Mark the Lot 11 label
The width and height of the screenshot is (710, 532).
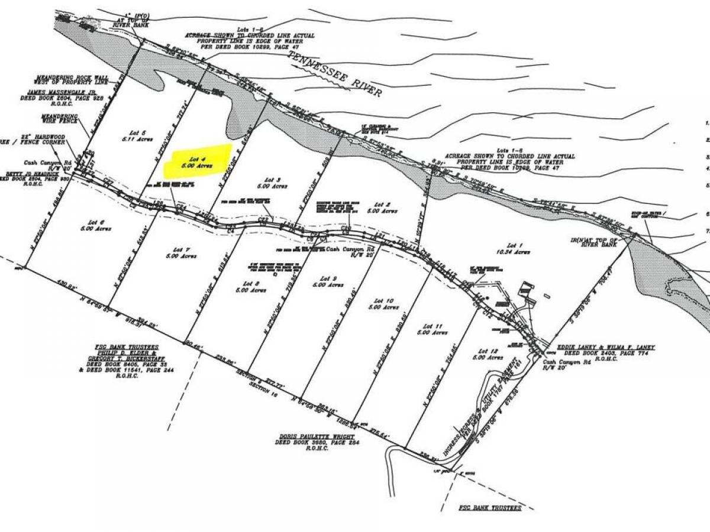[x=438, y=329]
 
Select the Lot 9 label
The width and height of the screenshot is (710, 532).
[x=328, y=281]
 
